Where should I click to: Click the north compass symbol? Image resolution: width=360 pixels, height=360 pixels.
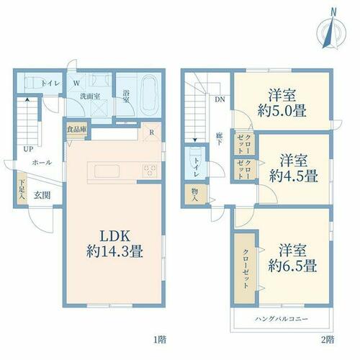coord(331,30)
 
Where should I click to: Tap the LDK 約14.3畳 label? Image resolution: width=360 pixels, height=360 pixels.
coord(114,243)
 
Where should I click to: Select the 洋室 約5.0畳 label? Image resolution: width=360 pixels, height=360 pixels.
coord(282,103)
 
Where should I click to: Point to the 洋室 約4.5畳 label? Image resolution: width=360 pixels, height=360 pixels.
coord(293,168)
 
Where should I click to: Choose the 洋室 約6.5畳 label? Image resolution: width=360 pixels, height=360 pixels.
coord(292,258)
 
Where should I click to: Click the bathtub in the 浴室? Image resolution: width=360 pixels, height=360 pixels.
coord(150,96)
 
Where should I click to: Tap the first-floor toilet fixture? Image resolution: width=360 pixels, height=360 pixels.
coord(33,83)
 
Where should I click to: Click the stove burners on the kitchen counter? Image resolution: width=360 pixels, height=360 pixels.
coord(150,171)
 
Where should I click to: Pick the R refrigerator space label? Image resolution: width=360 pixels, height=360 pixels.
coord(151,132)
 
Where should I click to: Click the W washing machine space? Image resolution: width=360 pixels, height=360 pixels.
coord(76,83)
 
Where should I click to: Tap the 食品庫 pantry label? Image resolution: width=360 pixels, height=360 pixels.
coord(77,130)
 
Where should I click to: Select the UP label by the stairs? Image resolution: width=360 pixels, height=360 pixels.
coord(28,149)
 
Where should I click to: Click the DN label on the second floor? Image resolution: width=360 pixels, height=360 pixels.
coord(220,99)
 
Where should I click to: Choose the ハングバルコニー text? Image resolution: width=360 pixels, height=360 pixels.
coord(282,319)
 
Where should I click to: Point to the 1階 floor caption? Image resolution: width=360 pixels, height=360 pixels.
coord(160,340)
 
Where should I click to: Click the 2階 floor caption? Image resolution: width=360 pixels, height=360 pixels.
coord(328,340)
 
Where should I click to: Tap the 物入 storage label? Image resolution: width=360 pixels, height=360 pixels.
coord(194,194)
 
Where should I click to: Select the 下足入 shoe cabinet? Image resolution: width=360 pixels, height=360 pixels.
coord(22,189)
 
